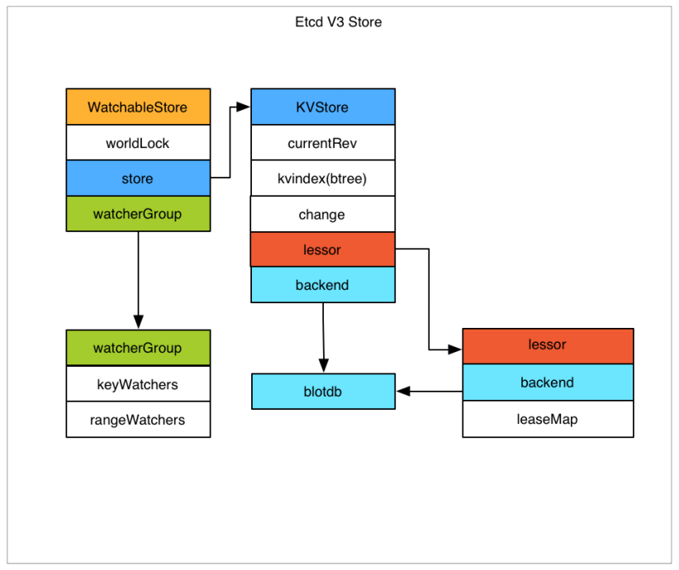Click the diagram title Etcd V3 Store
(339, 22)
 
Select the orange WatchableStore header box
(138, 107)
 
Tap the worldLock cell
(138, 143)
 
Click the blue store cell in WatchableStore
(138, 178)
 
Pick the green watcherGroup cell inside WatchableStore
(138, 214)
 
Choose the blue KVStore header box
(322, 107)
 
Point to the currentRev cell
(322, 143)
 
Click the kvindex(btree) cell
(322, 178)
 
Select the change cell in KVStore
(322, 214)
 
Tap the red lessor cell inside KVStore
(322, 249)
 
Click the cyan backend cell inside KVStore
(322, 285)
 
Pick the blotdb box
(323, 392)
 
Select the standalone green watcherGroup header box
(138, 348)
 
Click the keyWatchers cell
(138, 384)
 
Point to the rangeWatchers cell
(138, 420)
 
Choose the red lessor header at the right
(548, 345)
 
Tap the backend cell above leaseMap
(548, 382)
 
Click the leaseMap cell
(548, 419)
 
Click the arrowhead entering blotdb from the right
(403, 392)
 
